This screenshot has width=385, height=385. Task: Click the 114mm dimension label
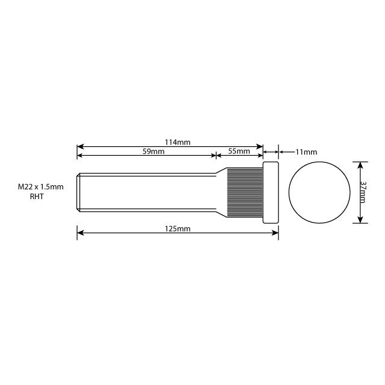point(177,142)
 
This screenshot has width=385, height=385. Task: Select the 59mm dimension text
point(153,152)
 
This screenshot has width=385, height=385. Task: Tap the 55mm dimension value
point(239,152)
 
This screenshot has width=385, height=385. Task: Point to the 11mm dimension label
point(305,153)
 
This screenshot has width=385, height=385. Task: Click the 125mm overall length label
point(177,229)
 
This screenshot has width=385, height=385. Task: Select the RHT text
point(37,197)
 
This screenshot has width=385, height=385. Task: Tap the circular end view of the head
point(319,192)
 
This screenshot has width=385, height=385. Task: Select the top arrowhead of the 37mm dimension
point(360,165)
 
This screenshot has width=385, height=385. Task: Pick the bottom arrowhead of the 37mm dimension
point(360,220)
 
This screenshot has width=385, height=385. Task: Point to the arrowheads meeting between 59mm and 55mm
point(216,155)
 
